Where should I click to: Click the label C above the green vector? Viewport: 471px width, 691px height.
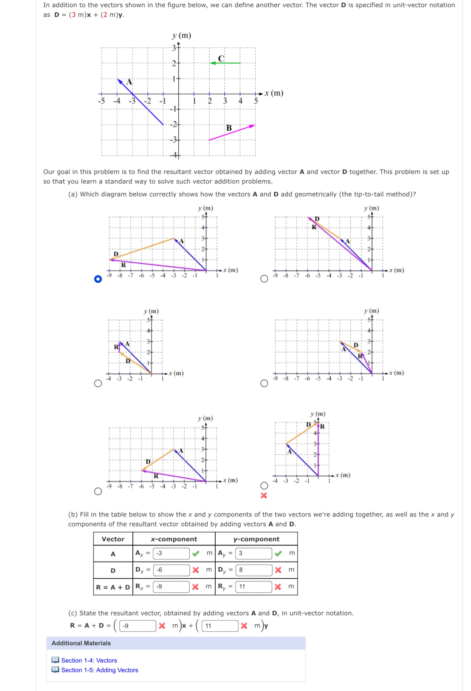tap(221, 58)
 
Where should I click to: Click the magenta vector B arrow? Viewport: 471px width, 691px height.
tap(232, 132)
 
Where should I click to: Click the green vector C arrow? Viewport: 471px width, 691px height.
tap(225, 63)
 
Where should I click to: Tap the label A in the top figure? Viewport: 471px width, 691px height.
tap(129, 82)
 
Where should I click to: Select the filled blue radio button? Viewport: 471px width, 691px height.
tap(98, 279)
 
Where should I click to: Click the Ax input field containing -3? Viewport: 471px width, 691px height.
tap(171, 553)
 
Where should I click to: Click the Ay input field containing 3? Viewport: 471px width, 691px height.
tap(253, 553)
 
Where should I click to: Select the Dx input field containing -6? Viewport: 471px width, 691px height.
tap(171, 570)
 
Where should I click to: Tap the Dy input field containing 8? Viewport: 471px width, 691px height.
tap(253, 570)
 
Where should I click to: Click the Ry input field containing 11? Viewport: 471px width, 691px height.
tap(253, 586)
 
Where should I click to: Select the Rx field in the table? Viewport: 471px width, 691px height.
tap(171, 586)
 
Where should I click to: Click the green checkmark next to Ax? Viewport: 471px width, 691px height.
tap(196, 553)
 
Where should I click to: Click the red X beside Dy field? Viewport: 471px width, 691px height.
tap(278, 570)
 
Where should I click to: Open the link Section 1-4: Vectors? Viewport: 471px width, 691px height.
tap(89, 660)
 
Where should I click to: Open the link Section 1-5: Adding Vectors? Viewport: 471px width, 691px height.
tap(99, 670)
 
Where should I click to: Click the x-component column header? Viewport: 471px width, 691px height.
tap(174, 539)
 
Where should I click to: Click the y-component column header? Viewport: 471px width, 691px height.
tap(256, 539)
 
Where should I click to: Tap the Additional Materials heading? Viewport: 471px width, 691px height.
tap(81, 643)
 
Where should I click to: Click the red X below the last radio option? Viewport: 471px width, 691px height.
tap(264, 495)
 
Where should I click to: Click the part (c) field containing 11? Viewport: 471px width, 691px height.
tap(220, 626)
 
